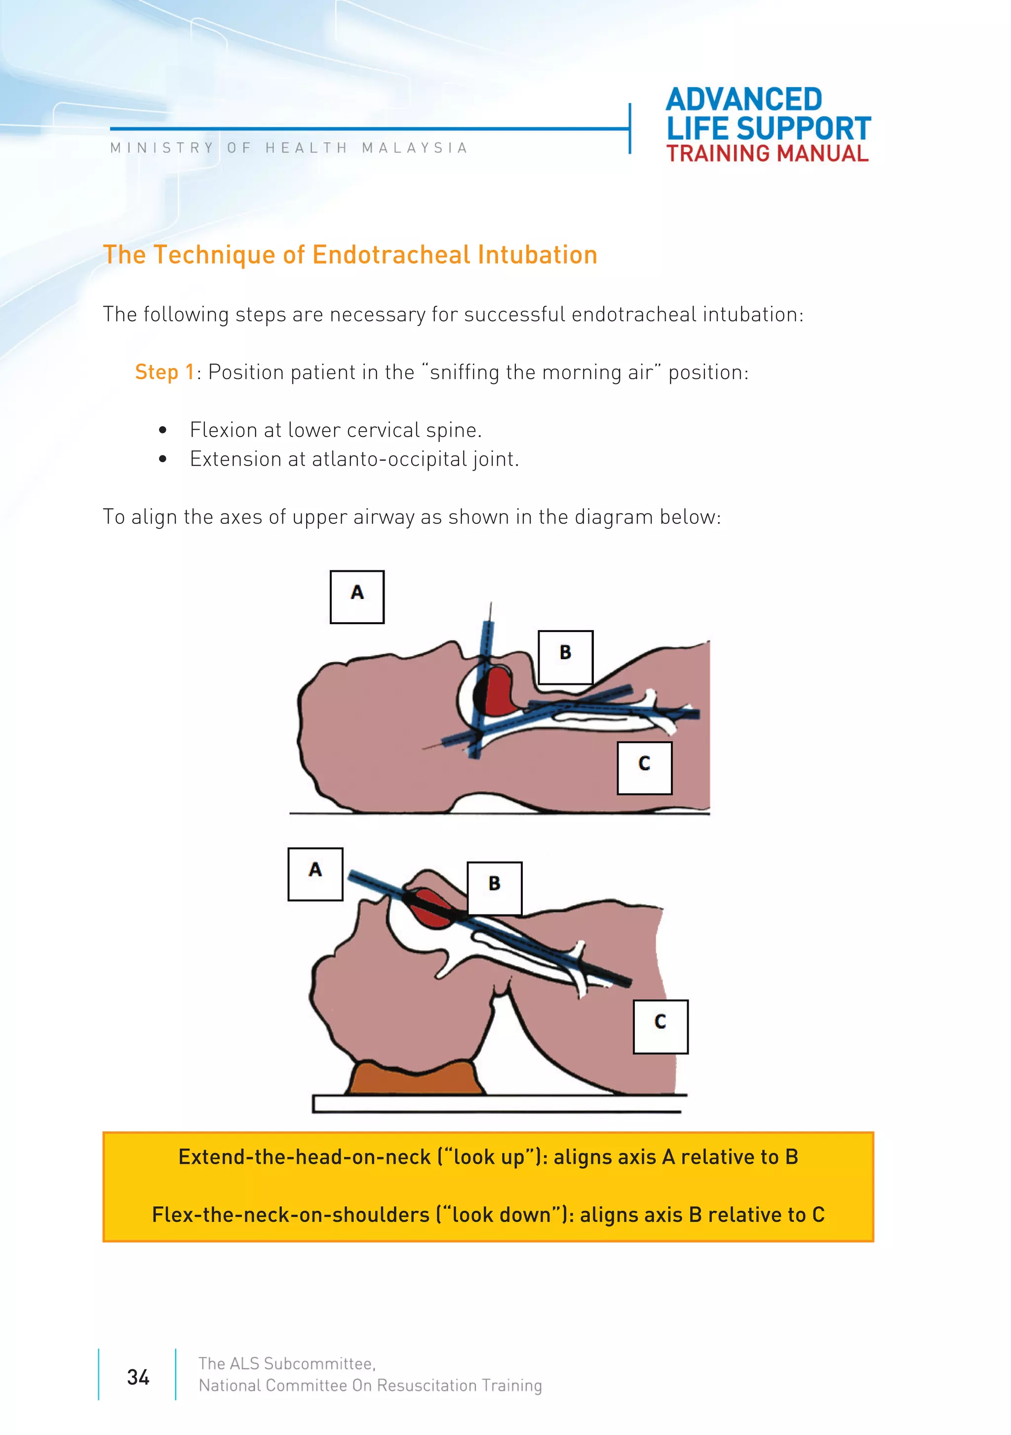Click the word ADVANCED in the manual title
pyautogui.click(x=743, y=100)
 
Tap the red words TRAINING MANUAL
pyautogui.click(x=767, y=154)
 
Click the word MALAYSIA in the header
pyautogui.click(x=414, y=148)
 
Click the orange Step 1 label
pyautogui.click(x=164, y=372)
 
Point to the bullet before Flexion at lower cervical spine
pyautogui.click(x=163, y=430)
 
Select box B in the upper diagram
pyautogui.click(x=565, y=656)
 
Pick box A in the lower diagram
pyautogui.click(x=315, y=874)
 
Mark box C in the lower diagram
pyautogui.click(x=660, y=1026)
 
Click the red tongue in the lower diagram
pyautogui.click(x=430, y=908)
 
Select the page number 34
pyautogui.click(x=138, y=1377)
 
